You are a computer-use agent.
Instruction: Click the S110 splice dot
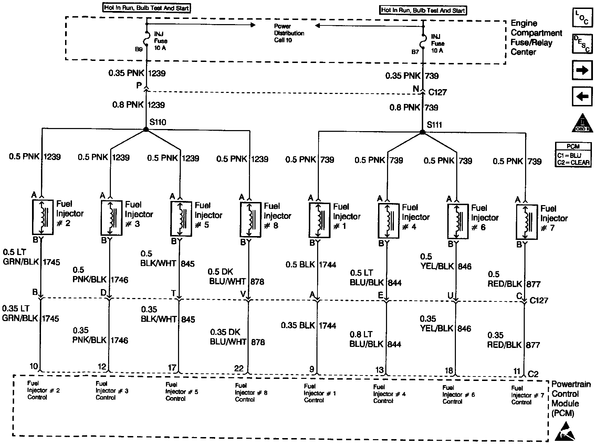(146, 129)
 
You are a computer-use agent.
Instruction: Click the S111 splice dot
(422, 132)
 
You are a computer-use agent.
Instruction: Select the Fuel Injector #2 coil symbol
(43, 217)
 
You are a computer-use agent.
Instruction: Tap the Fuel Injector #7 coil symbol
(526, 222)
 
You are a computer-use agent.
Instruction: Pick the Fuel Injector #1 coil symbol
(320, 220)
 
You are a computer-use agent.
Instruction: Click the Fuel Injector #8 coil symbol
(250, 219)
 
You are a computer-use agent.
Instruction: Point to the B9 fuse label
(138, 49)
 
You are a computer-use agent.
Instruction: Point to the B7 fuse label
(415, 52)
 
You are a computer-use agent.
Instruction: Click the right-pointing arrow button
(582, 71)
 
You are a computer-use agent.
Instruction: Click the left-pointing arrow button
(582, 97)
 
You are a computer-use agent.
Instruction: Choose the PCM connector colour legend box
(573, 156)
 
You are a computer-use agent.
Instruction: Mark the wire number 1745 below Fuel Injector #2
(51, 262)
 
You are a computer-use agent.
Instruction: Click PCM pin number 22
(239, 368)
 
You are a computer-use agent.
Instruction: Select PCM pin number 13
(379, 370)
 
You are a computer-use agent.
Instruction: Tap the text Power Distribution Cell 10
(289, 33)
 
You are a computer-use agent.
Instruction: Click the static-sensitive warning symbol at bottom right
(565, 432)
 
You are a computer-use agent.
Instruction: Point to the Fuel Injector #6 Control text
(458, 394)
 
